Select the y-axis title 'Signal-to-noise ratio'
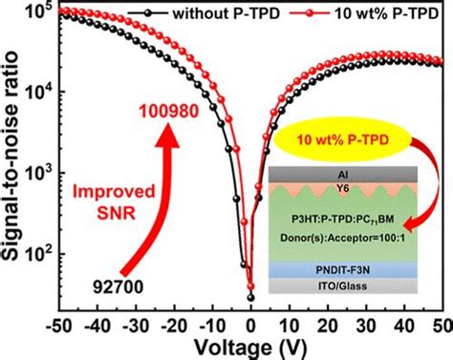[x=13, y=162]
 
